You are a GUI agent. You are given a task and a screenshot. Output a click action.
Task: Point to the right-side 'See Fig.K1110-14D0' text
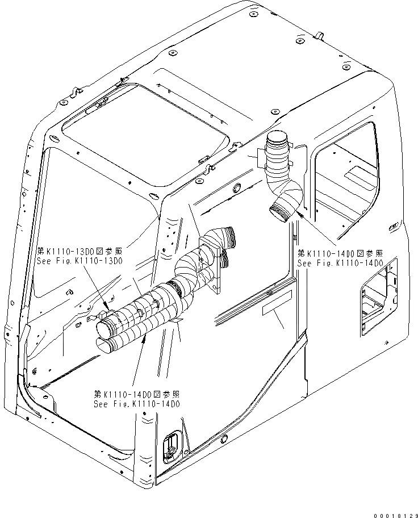[340, 263]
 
